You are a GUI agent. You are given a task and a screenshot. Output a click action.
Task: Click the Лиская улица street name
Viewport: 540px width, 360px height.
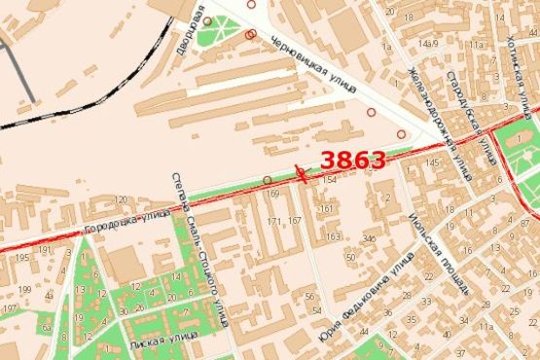[x=161, y=346]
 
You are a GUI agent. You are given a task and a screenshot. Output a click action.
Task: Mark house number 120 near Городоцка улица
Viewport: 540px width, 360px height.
[x=122, y=199]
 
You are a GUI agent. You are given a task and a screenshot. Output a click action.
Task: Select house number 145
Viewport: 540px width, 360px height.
[x=431, y=162]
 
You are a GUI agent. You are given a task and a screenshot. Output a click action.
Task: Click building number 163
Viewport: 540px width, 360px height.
[x=333, y=236]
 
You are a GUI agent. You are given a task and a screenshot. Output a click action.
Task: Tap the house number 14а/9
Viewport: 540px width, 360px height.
[x=424, y=44]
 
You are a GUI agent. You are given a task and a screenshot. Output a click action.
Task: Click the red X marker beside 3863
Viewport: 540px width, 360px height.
[x=302, y=175]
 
